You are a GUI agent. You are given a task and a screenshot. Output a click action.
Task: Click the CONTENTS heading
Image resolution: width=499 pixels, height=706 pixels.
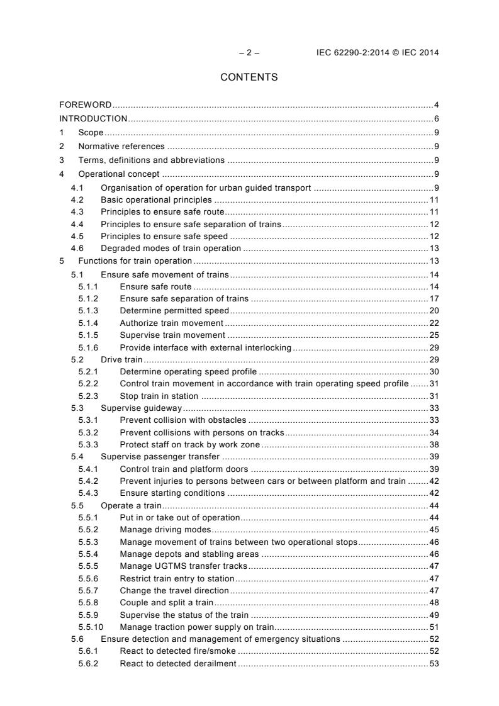pos(249,77)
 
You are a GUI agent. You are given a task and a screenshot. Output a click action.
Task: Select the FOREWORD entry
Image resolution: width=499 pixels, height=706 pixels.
pos(86,104)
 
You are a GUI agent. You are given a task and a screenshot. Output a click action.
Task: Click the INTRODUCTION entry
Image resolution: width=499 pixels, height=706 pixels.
pos(93,118)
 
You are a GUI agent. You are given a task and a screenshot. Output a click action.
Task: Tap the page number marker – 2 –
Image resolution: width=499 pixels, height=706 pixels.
pos(249,53)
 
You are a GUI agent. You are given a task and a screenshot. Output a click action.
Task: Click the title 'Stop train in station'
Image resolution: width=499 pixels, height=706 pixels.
pos(159,396)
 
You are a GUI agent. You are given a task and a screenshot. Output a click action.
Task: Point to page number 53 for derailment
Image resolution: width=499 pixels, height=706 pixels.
pos(434,664)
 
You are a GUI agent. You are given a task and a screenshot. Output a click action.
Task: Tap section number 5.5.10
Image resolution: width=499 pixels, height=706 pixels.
pos(91,627)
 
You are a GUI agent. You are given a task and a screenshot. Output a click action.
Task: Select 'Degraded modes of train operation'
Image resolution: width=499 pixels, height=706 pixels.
pos(171,248)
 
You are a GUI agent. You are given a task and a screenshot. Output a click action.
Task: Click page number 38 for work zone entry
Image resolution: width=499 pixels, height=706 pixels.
pos(434,444)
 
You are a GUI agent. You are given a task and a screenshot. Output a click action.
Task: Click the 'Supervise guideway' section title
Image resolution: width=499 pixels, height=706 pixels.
pos(141,408)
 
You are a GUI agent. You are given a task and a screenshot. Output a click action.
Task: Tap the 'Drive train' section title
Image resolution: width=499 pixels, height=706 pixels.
pos(121,359)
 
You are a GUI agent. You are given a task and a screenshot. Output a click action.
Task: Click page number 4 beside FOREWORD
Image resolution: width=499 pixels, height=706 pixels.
pos(436,104)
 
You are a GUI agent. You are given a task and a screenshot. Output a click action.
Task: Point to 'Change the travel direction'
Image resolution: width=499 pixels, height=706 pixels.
pos(174,591)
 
